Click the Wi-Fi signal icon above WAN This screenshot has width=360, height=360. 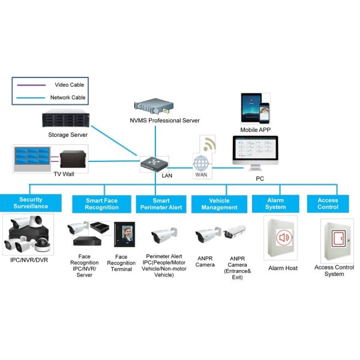point(208,144)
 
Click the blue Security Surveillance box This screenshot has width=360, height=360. point(31,203)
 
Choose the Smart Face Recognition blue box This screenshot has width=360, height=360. point(102,203)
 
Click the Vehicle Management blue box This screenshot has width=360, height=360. point(219,203)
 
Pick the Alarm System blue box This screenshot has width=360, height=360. point(275,203)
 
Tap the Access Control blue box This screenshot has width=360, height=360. point(328,203)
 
